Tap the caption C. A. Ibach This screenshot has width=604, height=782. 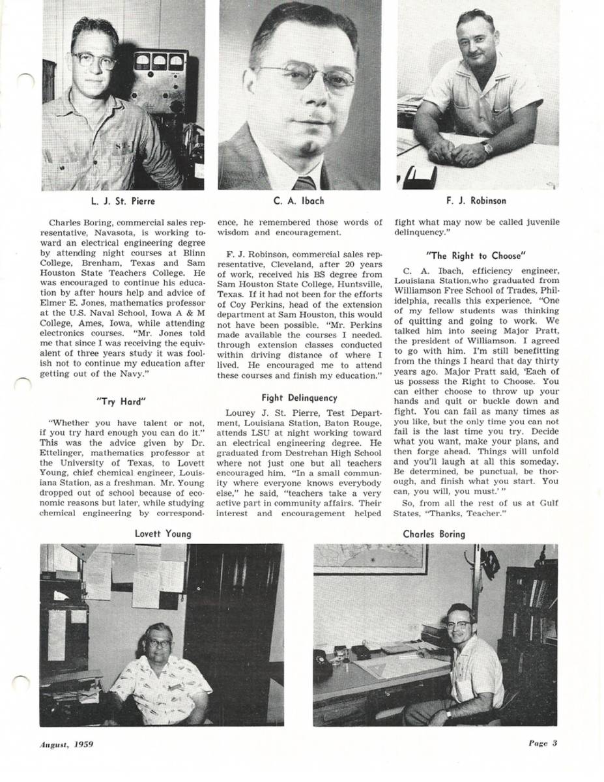pyautogui.click(x=299, y=201)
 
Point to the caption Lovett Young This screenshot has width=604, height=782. pyautogui.click(x=163, y=534)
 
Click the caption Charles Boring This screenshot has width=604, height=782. pyautogui.click(x=434, y=534)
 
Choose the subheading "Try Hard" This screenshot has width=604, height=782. pyautogui.click(x=122, y=401)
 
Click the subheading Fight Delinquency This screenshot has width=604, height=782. pyautogui.click(x=299, y=398)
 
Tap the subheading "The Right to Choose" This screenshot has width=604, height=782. pyautogui.click(x=476, y=255)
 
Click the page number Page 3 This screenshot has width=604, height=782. pyautogui.click(x=543, y=743)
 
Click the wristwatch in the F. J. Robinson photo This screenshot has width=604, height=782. pyautogui.click(x=487, y=147)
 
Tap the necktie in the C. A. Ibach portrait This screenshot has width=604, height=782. pyautogui.click(x=304, y=182)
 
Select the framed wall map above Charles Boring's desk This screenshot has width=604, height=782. pyautogui.click(x=370, y=558)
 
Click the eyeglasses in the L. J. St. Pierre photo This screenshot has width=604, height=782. pyautogui.click(x=94, y=61)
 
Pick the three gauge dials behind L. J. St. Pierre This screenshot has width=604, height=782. pyautogui.click(x=158, y=62)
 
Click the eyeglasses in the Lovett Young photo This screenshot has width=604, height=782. pyautogui.click(x=158, y=643)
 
